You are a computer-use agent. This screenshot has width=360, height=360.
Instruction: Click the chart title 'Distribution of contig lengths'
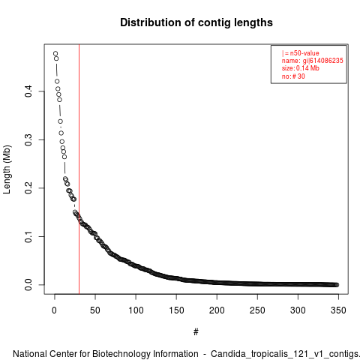[196, 22]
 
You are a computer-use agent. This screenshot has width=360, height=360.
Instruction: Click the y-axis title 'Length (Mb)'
[7, 169]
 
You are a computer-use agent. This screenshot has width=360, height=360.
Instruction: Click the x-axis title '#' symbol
[196, 332]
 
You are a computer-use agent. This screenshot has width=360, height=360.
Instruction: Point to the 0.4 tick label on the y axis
[28, 91]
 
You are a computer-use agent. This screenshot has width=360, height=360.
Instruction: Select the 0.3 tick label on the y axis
[28, 139]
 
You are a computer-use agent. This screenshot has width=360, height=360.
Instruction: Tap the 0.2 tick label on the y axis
[28, 188]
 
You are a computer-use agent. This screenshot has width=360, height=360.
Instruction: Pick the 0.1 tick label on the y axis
[28, 236]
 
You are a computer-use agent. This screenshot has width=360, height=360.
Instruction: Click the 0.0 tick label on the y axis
[28, 285]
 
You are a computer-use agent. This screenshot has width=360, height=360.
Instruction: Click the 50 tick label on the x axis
[95, 310]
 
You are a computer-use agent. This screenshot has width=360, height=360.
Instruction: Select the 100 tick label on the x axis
[136, 310]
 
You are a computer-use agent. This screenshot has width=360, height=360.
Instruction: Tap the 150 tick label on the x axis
[176, 310]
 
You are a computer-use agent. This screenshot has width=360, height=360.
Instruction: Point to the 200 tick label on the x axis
[217, 310]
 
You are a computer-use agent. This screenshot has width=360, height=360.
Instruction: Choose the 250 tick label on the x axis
[257, 310]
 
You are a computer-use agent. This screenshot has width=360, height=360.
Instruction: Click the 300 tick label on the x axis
[298, 310]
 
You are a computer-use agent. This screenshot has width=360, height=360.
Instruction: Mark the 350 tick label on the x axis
[338, 310]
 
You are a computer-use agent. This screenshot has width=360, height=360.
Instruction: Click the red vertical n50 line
[79, 169]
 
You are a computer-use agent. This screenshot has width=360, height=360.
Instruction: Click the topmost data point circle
[55, 53]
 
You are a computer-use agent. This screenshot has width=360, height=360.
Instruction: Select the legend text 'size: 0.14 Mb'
[301, 68]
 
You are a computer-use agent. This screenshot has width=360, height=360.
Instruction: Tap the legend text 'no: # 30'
[293, 76]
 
